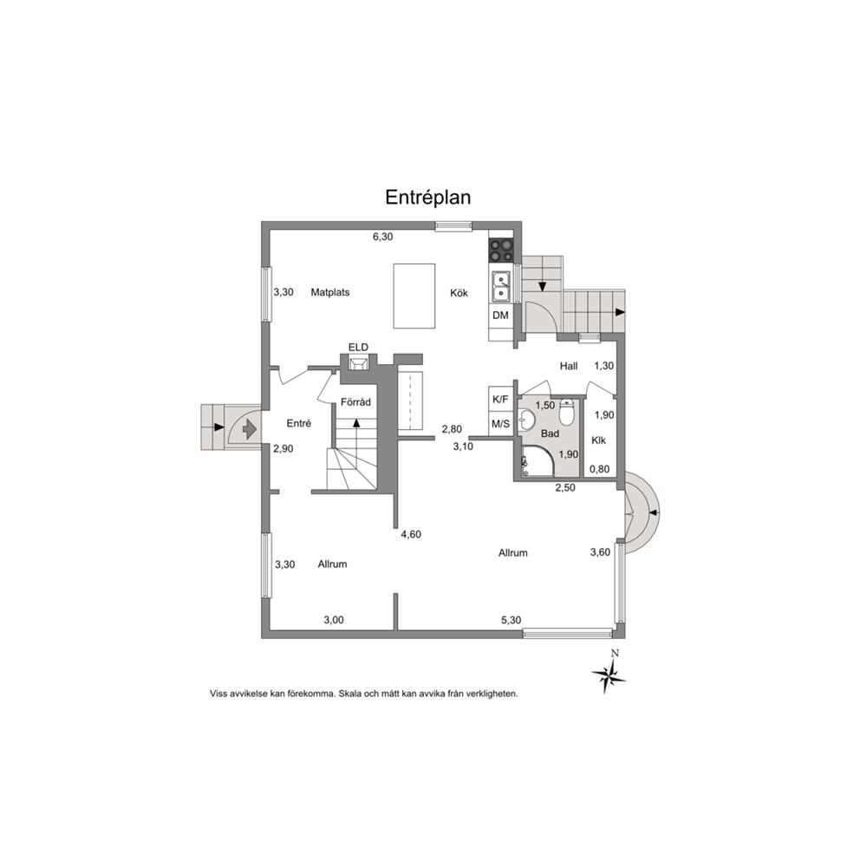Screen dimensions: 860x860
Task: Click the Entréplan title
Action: (427, 197)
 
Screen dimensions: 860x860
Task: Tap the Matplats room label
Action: (330, 292)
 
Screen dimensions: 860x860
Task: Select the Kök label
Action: (459, 293)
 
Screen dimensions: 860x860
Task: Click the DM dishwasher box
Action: (500, 316)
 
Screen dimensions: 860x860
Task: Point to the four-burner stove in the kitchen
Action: (501, 251)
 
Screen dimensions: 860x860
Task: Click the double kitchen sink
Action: (501, 287)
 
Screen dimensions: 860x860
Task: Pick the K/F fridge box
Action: (500, 399)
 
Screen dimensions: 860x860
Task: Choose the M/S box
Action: (500, 423)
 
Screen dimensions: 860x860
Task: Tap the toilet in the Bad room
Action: (567, 412)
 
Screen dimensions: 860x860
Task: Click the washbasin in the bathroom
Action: (528, 420)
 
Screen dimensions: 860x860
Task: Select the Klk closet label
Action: (598, 440)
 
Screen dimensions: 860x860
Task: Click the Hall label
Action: (569, 367)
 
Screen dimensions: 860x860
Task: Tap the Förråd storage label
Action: (355, 402)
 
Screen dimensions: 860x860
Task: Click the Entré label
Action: (299, 423)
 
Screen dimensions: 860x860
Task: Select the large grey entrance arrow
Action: (250, 428)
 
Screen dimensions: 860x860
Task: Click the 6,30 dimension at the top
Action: (383, 237)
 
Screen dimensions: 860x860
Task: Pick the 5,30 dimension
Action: (511, 621)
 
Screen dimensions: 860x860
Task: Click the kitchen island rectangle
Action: (414, 296)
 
